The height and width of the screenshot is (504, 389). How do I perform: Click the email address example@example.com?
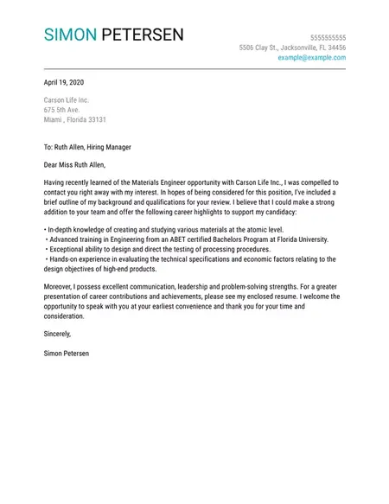pyautogui.click(x=311, y=57)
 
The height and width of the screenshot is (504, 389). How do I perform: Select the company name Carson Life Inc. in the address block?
pyautogui.click(x=67, y=100)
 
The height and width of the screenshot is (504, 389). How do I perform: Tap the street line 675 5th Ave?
pyautogui.click(x=61, y=110)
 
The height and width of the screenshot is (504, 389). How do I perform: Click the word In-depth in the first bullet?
pyautogui.click(x=60, y=229)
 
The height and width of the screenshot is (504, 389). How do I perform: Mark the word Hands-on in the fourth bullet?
pyautogui.click(x=65, y=258)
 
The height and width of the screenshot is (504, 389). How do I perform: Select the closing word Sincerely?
pyautogui.click(x=57, y=334)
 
